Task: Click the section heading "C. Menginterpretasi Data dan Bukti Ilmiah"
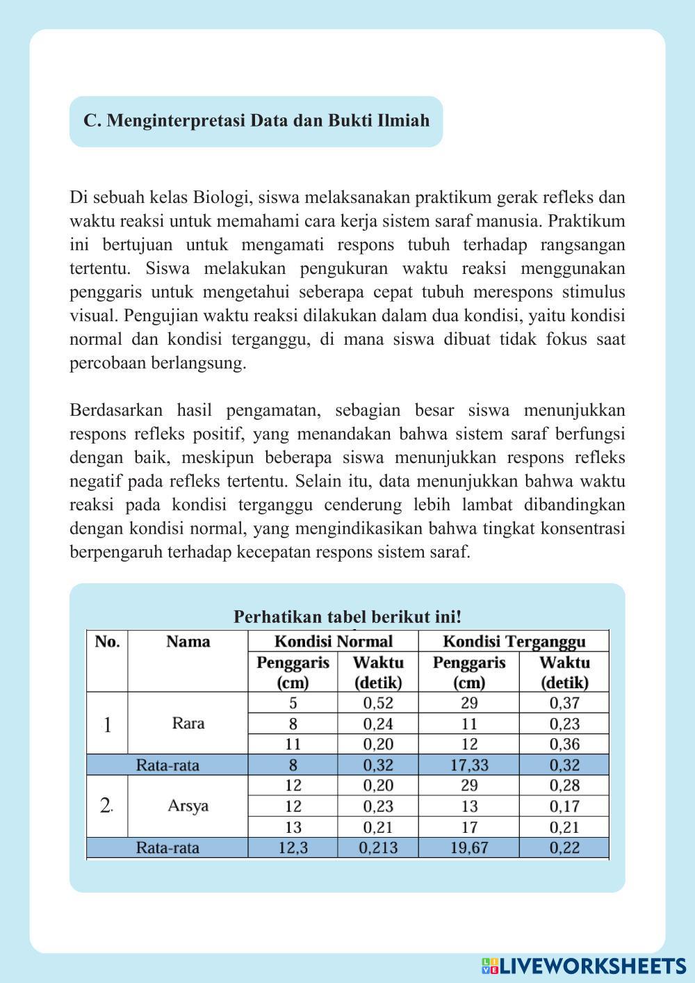[x=256, y=121]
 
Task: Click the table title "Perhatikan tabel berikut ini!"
[x=347, y=617]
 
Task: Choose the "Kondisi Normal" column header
[x=334, y=641]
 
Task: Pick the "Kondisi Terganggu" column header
[x=514, y=641]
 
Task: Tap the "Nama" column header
[x=188, y=641]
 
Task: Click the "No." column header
[x=107, y=641]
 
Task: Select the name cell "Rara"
[x=188, y=723]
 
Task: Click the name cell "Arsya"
[x=188, y=806]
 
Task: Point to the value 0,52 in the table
[x=378, y=703]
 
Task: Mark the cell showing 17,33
[x=469, y=765]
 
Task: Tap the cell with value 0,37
[x=564, y=703]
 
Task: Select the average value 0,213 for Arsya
[x=378, y=847]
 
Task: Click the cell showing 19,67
[x=469, y=847]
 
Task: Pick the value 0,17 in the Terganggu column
[x=564, y=806]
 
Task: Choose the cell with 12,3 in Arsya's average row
[x=293, y=847]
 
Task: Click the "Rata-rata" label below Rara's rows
[x=167, y=765]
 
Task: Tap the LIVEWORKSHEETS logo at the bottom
[x=584, y=966]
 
